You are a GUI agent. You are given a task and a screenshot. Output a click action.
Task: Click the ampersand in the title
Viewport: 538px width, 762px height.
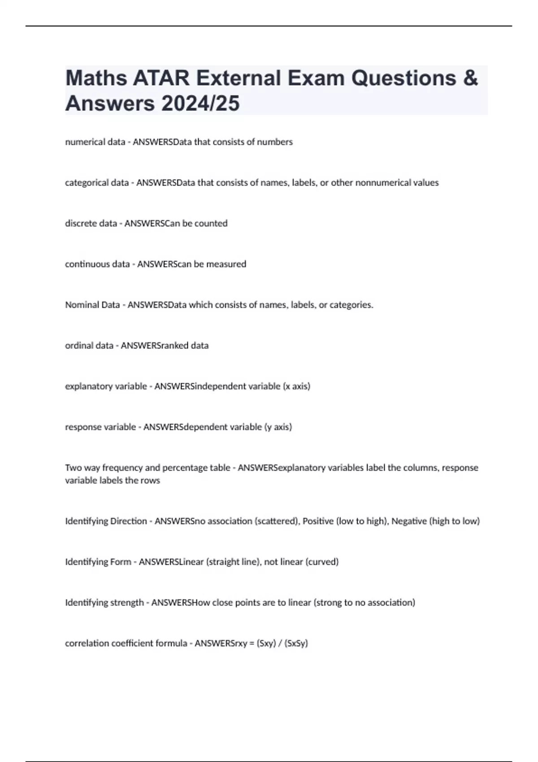pos(469,78)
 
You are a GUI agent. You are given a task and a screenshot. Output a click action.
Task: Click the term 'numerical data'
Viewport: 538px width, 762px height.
pos(95,142)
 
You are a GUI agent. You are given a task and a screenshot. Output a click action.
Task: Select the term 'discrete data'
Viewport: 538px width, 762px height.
pos(91,223)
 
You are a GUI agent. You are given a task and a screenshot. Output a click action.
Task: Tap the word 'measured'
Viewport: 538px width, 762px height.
pos(226,264)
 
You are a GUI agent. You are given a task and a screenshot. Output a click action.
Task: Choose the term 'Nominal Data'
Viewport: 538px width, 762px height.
pos(92,305)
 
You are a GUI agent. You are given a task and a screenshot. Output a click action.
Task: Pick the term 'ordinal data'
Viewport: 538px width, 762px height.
pos(89,346)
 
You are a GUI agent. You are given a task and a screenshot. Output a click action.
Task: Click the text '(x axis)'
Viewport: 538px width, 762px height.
pos(296,386)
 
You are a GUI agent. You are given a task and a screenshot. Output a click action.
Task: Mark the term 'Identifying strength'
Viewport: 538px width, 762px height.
pos(104,602)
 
